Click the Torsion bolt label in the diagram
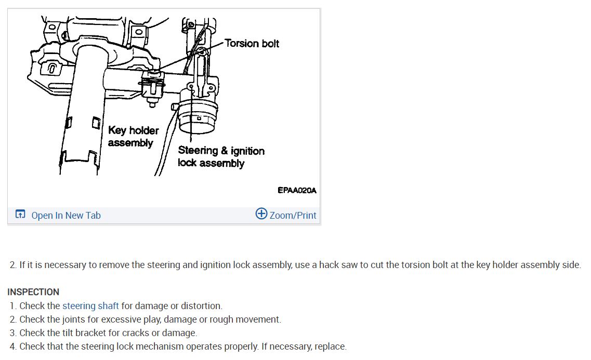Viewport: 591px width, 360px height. click(252, 43)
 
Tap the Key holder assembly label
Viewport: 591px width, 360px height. click(133, 136)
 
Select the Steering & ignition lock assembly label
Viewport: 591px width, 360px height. click(221, 156)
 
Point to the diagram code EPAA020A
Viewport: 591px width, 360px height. click(297, 191)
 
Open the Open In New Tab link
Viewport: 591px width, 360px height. click(66, 216)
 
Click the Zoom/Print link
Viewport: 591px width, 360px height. click(293, 216)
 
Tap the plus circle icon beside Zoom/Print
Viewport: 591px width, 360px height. click(261, 214)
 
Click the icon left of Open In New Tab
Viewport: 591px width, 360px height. click(20, 214)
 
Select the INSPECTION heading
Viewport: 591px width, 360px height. click(33, 292)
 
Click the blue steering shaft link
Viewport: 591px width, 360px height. click(90, 306)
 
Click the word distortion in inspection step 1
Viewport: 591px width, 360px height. click(200, 306)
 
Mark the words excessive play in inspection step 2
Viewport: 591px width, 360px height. click(121, 319)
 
